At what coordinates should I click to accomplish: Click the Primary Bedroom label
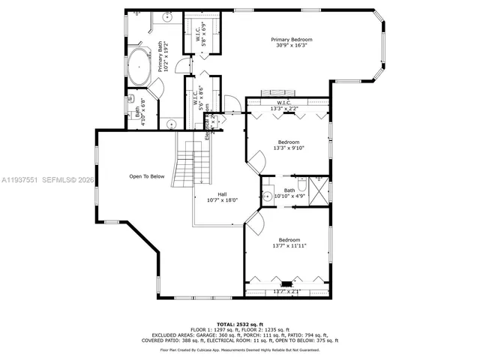pos(292,39)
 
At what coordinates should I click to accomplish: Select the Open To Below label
pos(146,177)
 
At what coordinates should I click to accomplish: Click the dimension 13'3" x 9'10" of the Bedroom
pos(289,148)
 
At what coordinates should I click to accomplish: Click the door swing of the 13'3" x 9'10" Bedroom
pos(257,160)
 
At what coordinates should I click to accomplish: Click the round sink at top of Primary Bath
pos(168,16)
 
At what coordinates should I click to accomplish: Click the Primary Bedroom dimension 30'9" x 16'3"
pos(292,46)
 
